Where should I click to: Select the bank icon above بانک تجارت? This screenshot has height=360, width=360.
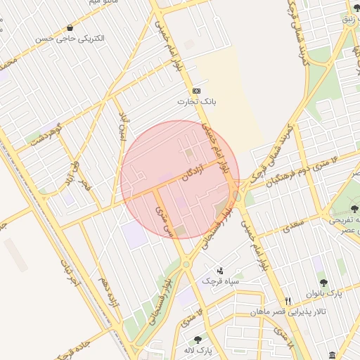(x=195, y=91)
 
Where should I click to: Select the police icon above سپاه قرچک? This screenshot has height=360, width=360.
(x=220, y=271)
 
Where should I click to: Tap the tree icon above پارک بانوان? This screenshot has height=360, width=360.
(x=323, y=283)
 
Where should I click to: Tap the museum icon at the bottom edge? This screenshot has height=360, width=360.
(x=332, y=355)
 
